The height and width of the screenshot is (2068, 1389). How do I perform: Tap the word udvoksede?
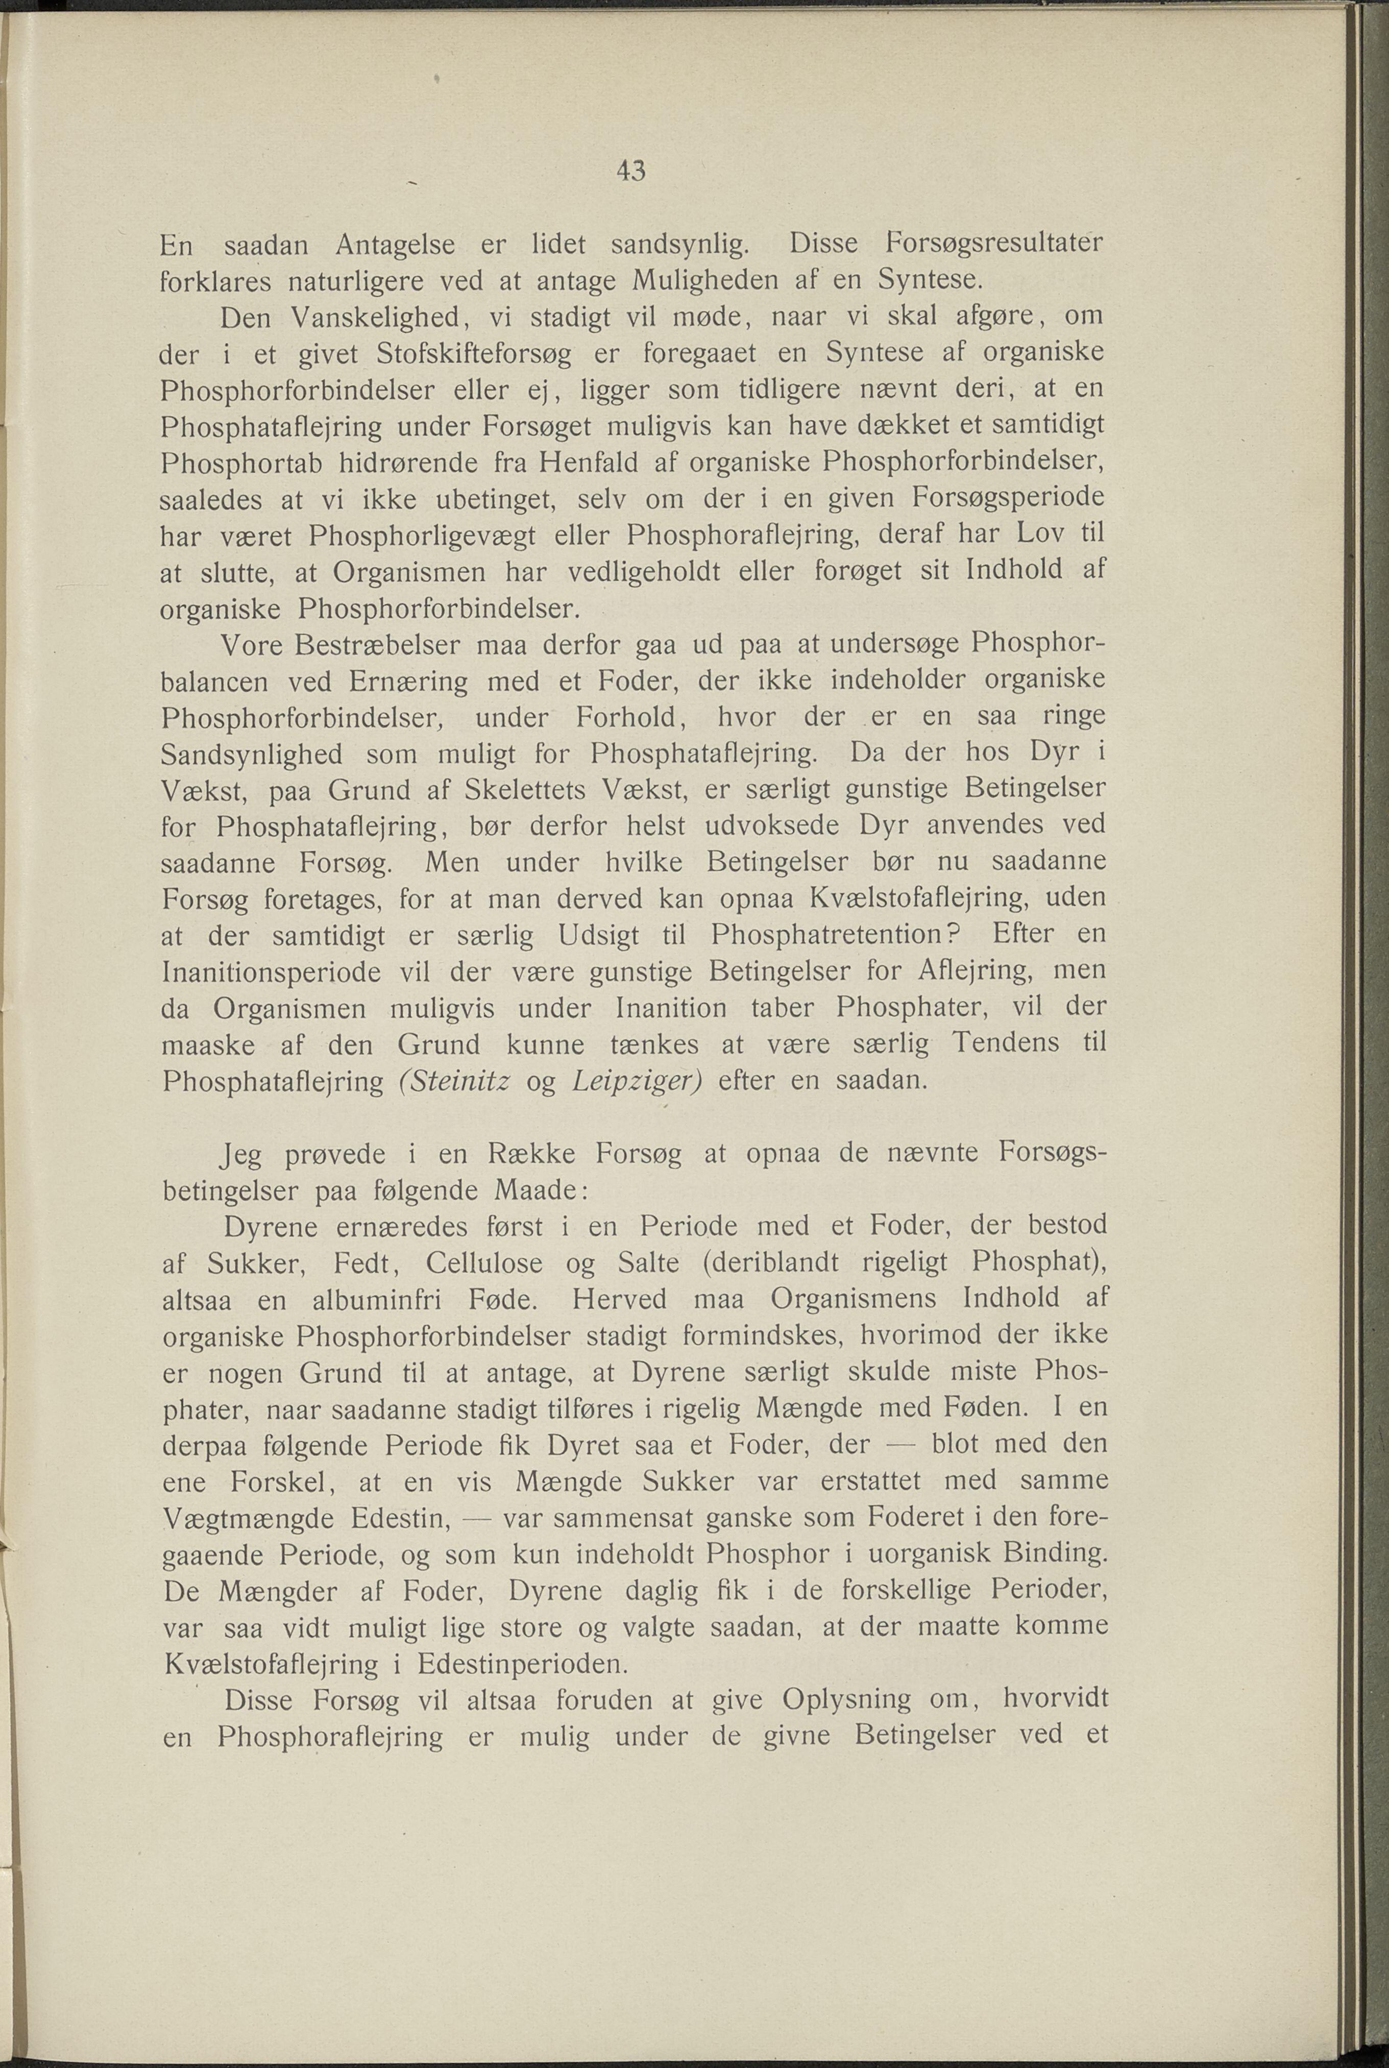tap(764, 825)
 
